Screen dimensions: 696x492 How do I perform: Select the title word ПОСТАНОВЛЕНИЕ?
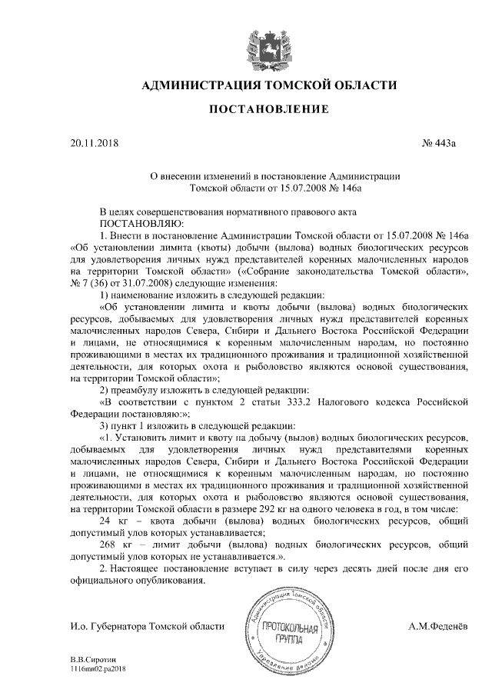(270, 109)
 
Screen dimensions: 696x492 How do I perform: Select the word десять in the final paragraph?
(327, 567)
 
